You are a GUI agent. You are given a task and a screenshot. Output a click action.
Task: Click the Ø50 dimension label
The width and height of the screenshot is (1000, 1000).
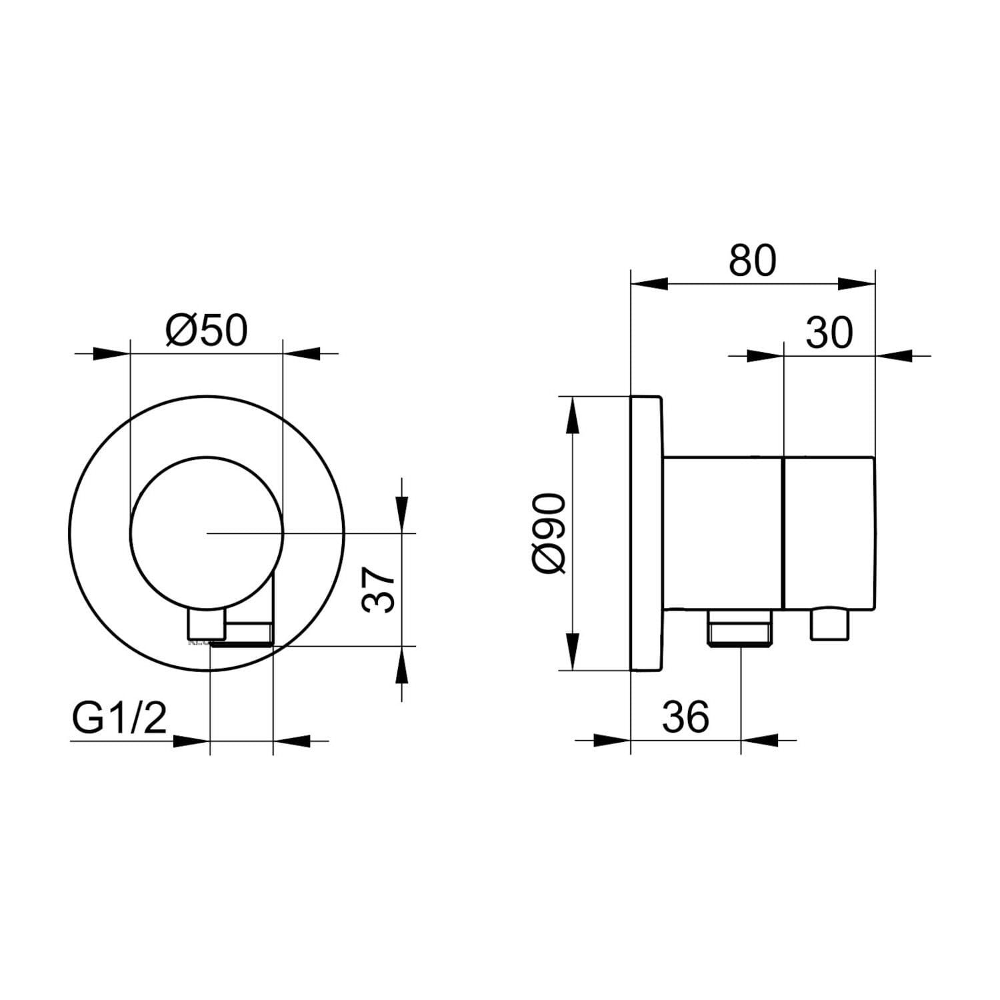pyautogui.click(x=206, y=331)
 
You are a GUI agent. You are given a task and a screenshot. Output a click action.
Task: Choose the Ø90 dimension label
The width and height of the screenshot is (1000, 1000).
pyautogui.click(x=551, y=533)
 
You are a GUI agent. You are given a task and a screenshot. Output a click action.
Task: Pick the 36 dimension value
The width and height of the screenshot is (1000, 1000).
pyautogui.click(x=686, y=717)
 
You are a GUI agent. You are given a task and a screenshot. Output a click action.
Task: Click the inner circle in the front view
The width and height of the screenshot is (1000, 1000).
pyautogui.click(x=207, y=457)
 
